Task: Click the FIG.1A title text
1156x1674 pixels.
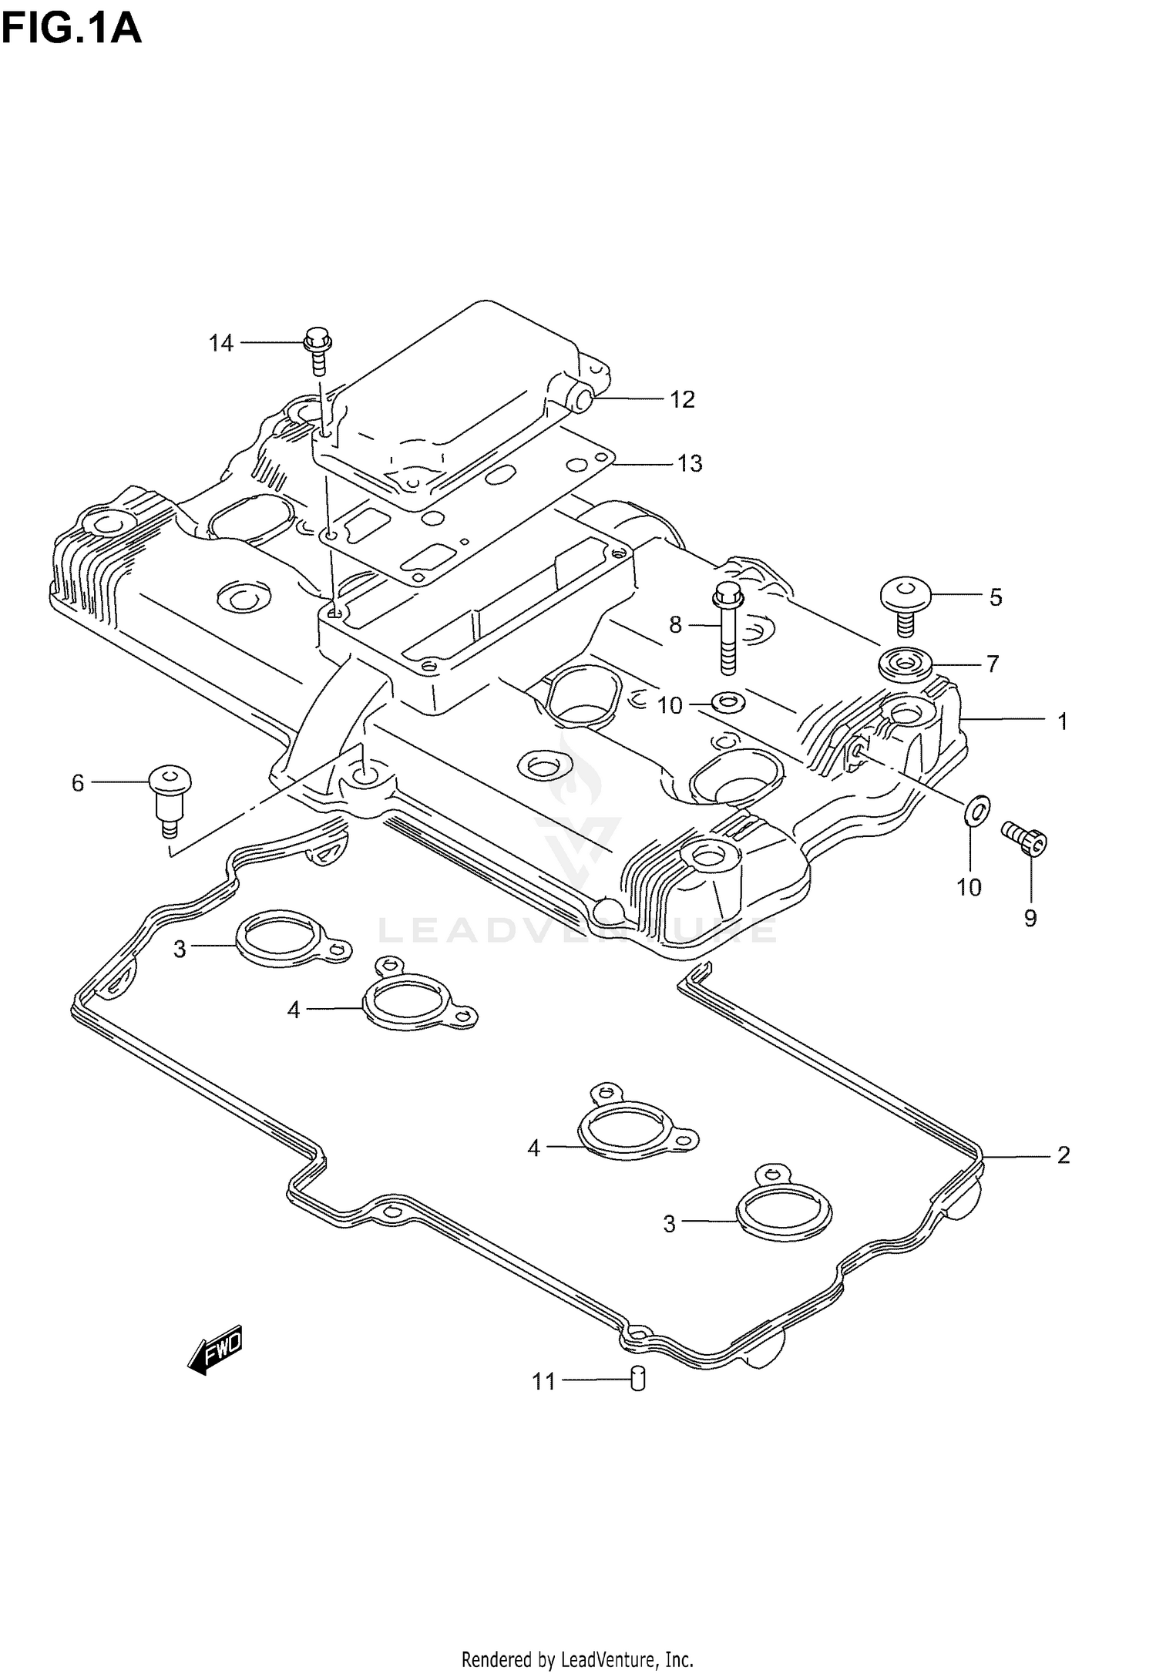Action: tap(71, 29)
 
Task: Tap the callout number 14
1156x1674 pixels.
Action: tap(221, 343)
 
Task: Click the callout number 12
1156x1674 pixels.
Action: tap(682, 399)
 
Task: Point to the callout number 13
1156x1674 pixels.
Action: tap(690, 463)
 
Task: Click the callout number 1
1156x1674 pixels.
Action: tap(1062, 721)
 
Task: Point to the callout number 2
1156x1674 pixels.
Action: tap(1063, 1177)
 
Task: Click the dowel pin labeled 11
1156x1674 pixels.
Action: tap(637, 1377)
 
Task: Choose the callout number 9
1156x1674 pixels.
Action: tap(1030, 917)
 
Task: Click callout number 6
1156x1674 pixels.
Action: tap(78, 783)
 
